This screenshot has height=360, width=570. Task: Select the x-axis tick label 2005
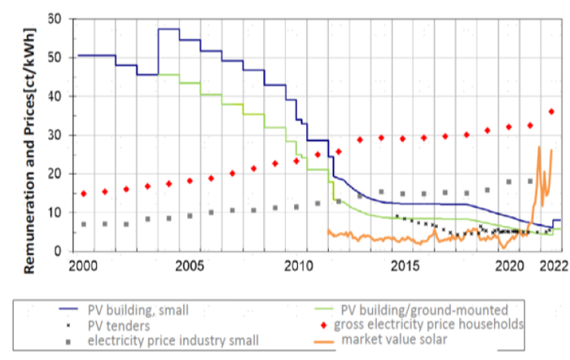[x=189, y=266]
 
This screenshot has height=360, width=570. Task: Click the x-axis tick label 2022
[x=554, y=266]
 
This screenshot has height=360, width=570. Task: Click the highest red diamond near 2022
[x=551, y=112]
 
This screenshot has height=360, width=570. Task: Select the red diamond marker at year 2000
[x=83, y=194]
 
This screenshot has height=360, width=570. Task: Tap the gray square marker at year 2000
[x=83, y=224]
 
